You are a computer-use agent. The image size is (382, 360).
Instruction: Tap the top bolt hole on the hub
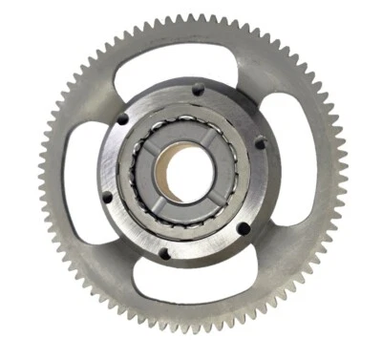pyautogui.click(x=197, y=90)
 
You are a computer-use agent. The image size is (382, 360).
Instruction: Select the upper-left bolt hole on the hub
pyautogui.click(x=122, y=118)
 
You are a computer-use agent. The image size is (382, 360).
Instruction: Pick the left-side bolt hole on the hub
pyautogui.click(x=106, y=197)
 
